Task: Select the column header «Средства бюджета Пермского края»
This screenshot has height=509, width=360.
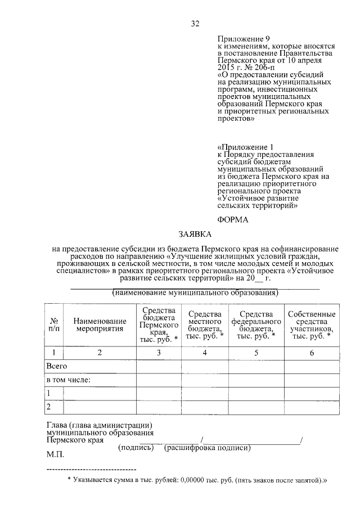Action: [159, 325]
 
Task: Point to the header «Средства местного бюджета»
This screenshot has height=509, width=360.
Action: [205, 325]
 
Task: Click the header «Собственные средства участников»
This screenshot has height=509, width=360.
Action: [311, 325]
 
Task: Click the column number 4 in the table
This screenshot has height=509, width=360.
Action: [205, 353]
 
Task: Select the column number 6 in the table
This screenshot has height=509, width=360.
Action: [311, 353]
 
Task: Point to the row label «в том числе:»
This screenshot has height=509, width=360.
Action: [69, 380]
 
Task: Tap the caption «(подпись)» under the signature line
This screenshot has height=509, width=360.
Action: [136, 448]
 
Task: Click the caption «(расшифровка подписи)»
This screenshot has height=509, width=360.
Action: [207, 448]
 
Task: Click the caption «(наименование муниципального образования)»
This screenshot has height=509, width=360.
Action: [195, 293]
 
